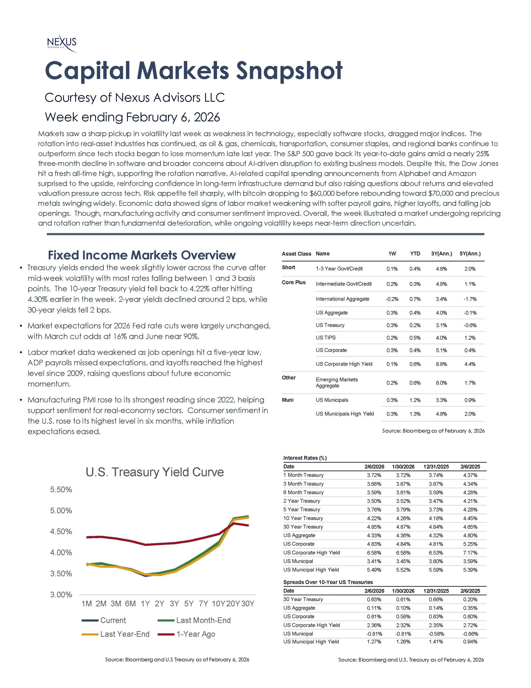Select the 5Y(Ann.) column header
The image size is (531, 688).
(470, 254)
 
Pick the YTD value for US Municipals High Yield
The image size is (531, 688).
(415, 414)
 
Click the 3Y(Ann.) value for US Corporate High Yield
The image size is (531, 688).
(441, 364)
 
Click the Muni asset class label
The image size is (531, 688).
(288, 400)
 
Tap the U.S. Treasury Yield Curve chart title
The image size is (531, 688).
(155, 472)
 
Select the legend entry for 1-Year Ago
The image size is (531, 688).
(196, 634)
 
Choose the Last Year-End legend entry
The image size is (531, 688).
(124, 634)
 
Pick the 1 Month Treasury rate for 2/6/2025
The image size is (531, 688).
(470, 475)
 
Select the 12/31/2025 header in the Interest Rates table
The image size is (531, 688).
(436, 467)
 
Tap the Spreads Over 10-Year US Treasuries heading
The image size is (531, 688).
(328, 582)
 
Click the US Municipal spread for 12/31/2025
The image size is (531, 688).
(436, 634)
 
